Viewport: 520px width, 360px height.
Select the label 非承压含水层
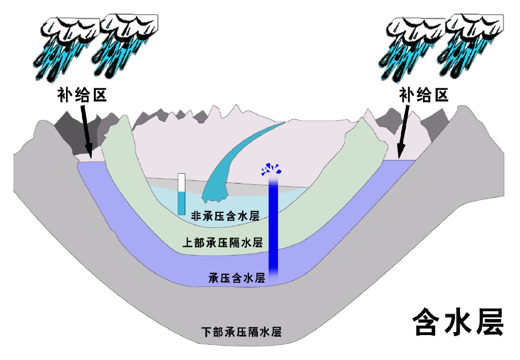(x=225, y=216)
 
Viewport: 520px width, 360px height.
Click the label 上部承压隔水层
(x=222, y=243)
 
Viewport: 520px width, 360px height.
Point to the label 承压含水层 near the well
(x=237, y=278)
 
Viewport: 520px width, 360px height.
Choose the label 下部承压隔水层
(x=241, y=333)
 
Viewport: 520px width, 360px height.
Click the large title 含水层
(x=457, y=321)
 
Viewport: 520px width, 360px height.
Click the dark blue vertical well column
(x=274, y=223)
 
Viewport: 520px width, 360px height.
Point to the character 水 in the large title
(x=457, y=321)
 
